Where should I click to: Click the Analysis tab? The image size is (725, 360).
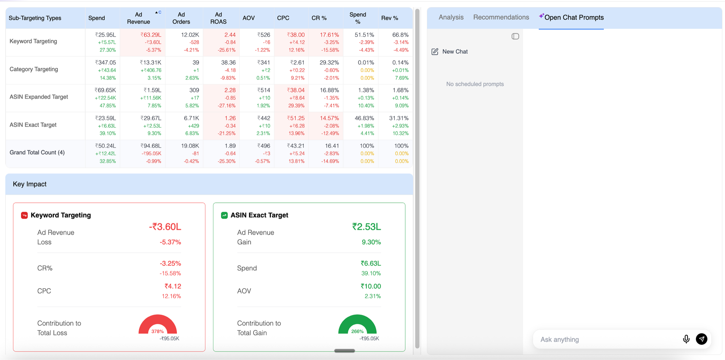point(451,17)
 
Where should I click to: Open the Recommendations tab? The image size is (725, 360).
point(501,17)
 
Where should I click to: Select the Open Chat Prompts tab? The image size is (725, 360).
point(571,17)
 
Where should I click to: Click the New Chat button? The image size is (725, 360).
point(450,52)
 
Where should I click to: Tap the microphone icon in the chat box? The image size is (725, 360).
point(686,339)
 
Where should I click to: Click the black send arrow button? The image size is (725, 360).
point(701,339)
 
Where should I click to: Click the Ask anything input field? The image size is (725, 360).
point(607,339)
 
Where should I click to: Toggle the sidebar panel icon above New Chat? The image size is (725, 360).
point(515,36)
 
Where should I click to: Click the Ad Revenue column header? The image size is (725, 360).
point(138,18)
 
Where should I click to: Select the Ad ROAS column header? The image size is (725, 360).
point(218,18)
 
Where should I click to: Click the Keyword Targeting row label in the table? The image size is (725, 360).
point(33,41)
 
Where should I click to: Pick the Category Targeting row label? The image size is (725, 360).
point(34,69)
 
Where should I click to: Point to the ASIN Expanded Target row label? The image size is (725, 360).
point(39,97)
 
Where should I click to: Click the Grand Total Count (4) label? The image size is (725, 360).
point(37,153)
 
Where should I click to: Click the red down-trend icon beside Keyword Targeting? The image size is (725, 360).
point(24,215)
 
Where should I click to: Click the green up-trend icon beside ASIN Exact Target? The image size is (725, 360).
point(224,215)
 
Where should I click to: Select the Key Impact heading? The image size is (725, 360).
point(30,184)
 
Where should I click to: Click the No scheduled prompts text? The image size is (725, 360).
point(475,84)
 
